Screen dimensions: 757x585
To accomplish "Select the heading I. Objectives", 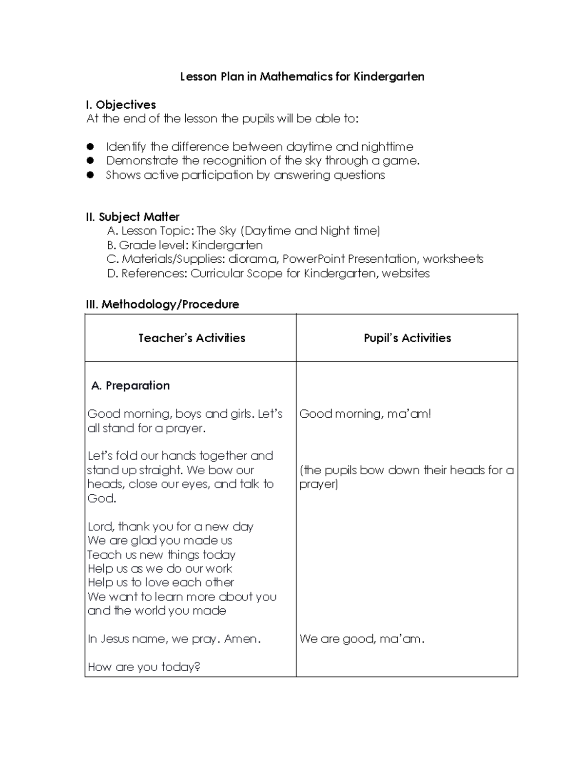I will (x=121, y=105).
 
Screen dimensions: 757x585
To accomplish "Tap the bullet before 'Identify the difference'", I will (x=90, y=147).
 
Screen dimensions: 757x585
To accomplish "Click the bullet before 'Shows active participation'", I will (x=90, y=175).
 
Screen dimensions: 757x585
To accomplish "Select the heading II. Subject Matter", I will (x=133, y=217).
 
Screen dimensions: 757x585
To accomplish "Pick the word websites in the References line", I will (x=406, y=273).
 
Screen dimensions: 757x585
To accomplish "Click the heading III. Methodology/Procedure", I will (x=162, y=305).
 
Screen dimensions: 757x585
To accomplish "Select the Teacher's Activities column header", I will (x=192, y=338).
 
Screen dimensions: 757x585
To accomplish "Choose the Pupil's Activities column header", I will (x=407, y=338).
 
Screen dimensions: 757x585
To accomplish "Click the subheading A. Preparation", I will (x=131, y=386).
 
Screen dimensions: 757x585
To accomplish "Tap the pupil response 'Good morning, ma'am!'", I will (x=365, y=414).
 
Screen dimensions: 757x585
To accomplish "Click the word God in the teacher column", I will (x=101, y=498).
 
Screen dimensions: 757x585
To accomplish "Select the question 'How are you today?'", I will (x=144, y=667).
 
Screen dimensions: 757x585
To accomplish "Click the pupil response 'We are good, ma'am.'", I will (x=362, y=639).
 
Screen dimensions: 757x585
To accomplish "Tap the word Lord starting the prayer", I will (x=100, y=526).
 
